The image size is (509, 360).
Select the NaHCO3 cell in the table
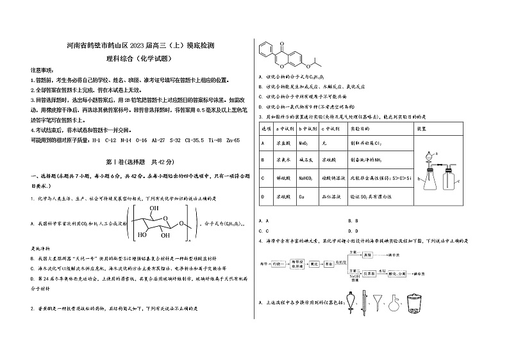[x=308, y=177]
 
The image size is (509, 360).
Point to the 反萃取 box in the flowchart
[x=388, y=272]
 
